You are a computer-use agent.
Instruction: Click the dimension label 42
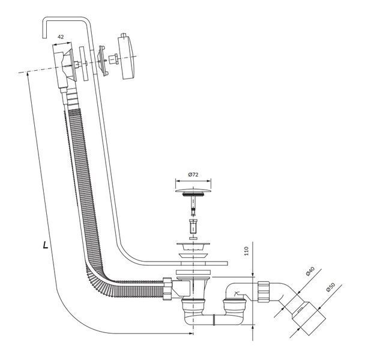(61, 37)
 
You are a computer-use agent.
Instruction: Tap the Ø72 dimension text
(193, 175)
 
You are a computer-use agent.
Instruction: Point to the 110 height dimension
(246, 251)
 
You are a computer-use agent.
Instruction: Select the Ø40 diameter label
(310, 271)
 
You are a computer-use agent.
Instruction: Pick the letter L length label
(46, 245)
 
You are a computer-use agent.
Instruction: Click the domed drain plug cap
(193, 190)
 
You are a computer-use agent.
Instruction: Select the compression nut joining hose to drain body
(167, 289)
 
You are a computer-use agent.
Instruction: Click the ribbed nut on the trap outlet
(263, 291)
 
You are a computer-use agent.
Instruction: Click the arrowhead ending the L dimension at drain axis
(191, 334)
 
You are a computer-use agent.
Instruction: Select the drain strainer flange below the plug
(193, 246)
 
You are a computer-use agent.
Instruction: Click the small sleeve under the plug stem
(193, 226)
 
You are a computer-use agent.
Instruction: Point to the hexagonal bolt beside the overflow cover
(113, 59)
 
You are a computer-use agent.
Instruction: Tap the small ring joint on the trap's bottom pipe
(214, 320)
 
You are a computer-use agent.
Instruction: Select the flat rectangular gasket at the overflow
(83, 64)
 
